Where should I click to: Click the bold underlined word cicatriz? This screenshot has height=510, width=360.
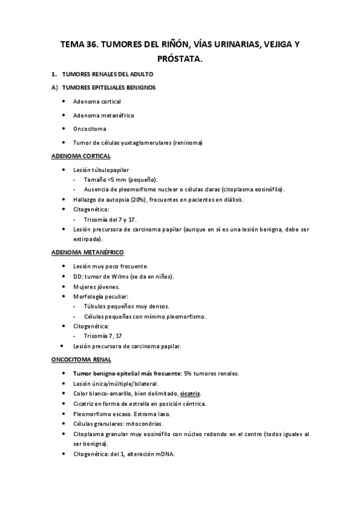[x=189, y=393]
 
